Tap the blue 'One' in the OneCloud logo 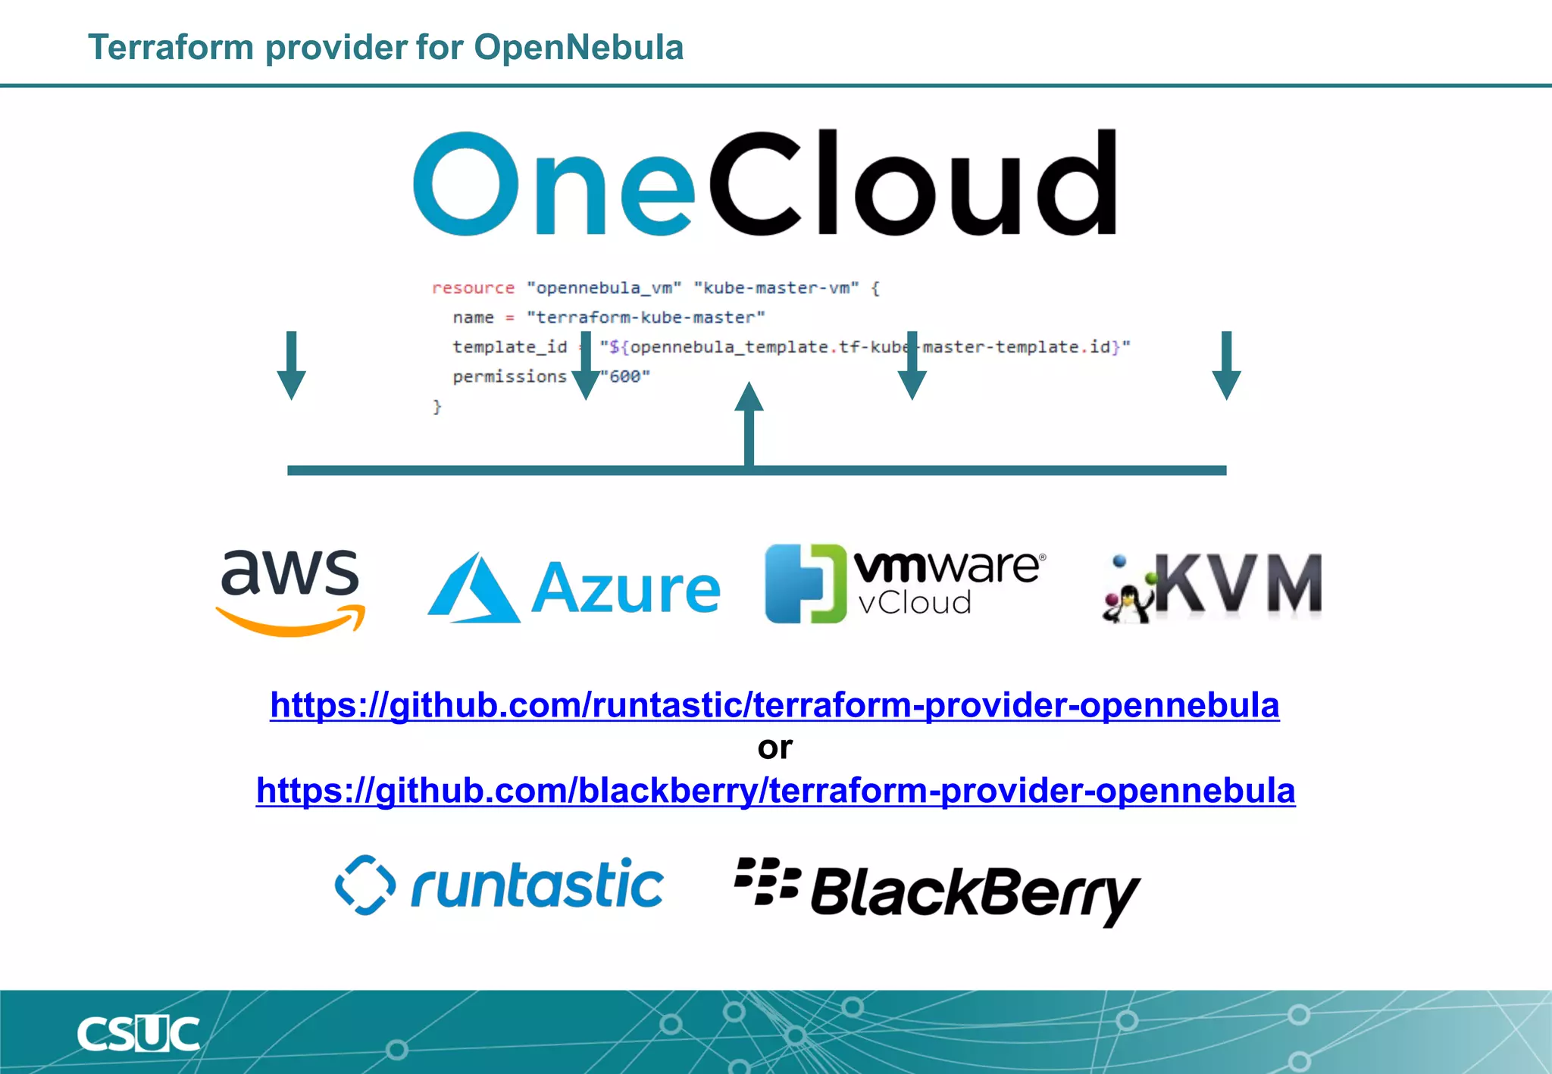pos(553,184)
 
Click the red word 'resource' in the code pos(473,288)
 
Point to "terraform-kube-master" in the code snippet pos(646,317)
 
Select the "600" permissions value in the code pos(626,376)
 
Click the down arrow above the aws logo pos(291,365)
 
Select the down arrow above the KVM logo pos(1226,365)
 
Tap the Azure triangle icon pos(474,589)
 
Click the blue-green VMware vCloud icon pos(805,583)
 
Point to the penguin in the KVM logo pos(1127,603)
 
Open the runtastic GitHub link pos(774,705)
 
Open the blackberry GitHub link pos(775,791)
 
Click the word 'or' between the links pos(774,748)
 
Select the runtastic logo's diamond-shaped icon pos(365,885)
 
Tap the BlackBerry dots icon pos(766,881)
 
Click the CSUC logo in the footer pos(139,1035)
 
